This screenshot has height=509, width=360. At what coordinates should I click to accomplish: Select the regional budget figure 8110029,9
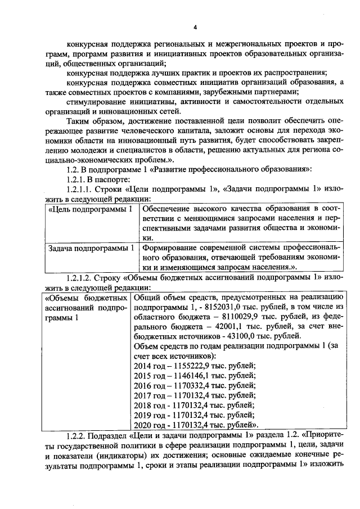coord(218,317)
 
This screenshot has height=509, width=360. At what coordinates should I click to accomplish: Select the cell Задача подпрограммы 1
coord(91,248)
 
